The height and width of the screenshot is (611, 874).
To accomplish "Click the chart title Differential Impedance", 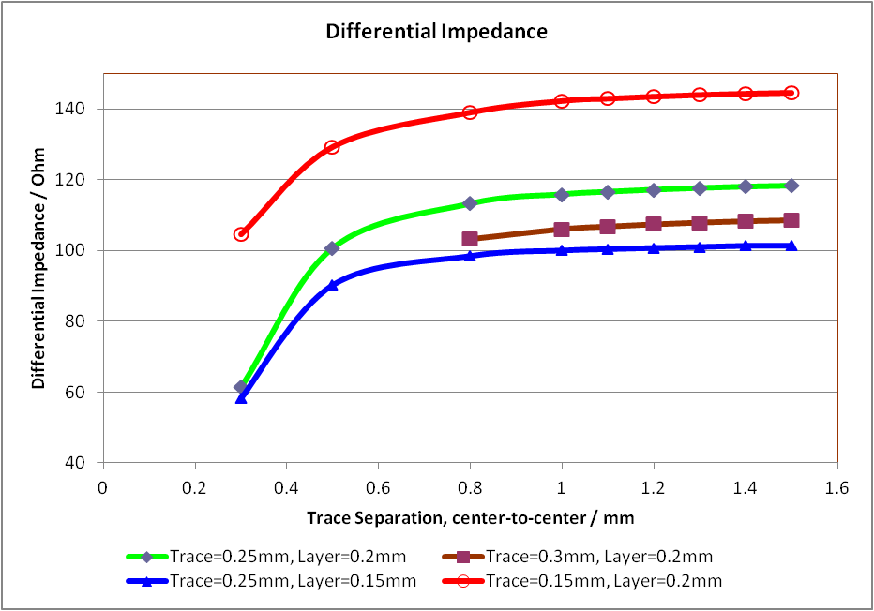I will coord(436,31).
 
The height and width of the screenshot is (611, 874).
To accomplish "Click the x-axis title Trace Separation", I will coord(469,517).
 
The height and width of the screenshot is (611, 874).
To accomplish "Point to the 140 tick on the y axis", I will coord(75,109).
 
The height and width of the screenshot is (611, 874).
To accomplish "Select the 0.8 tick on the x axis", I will coord(470,487).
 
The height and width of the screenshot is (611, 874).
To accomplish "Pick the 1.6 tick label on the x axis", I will coord(836,487).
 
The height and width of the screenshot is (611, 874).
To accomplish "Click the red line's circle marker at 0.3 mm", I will coord(241,234).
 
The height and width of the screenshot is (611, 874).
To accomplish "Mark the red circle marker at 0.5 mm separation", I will coord(332,147).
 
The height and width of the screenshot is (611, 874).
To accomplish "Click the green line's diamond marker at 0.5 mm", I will coord(332,248).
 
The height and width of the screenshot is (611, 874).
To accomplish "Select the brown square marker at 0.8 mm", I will coord(470,239).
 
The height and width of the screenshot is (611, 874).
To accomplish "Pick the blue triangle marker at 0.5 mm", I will coord(332,284).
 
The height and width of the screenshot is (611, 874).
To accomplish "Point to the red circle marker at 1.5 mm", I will coord(791,93).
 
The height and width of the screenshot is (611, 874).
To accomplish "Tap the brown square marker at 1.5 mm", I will coord(791,220).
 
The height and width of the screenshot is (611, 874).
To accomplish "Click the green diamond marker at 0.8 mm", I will coord(470,203).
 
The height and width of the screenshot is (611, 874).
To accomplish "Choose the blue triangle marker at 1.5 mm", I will coord(791,246).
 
